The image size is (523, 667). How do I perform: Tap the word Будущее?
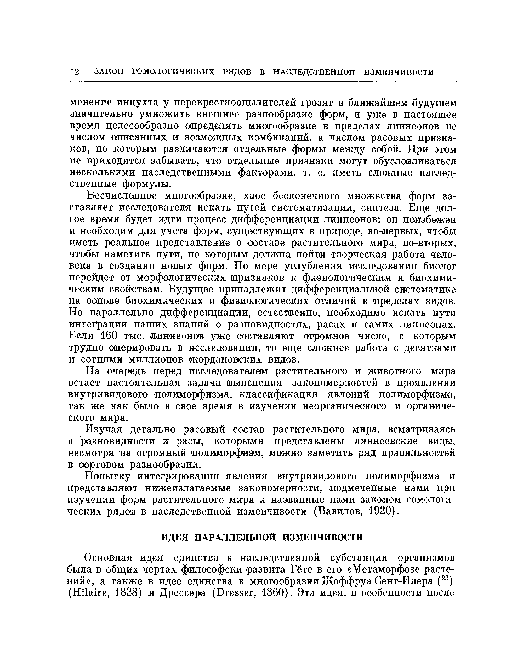click(x=192, y=289)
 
